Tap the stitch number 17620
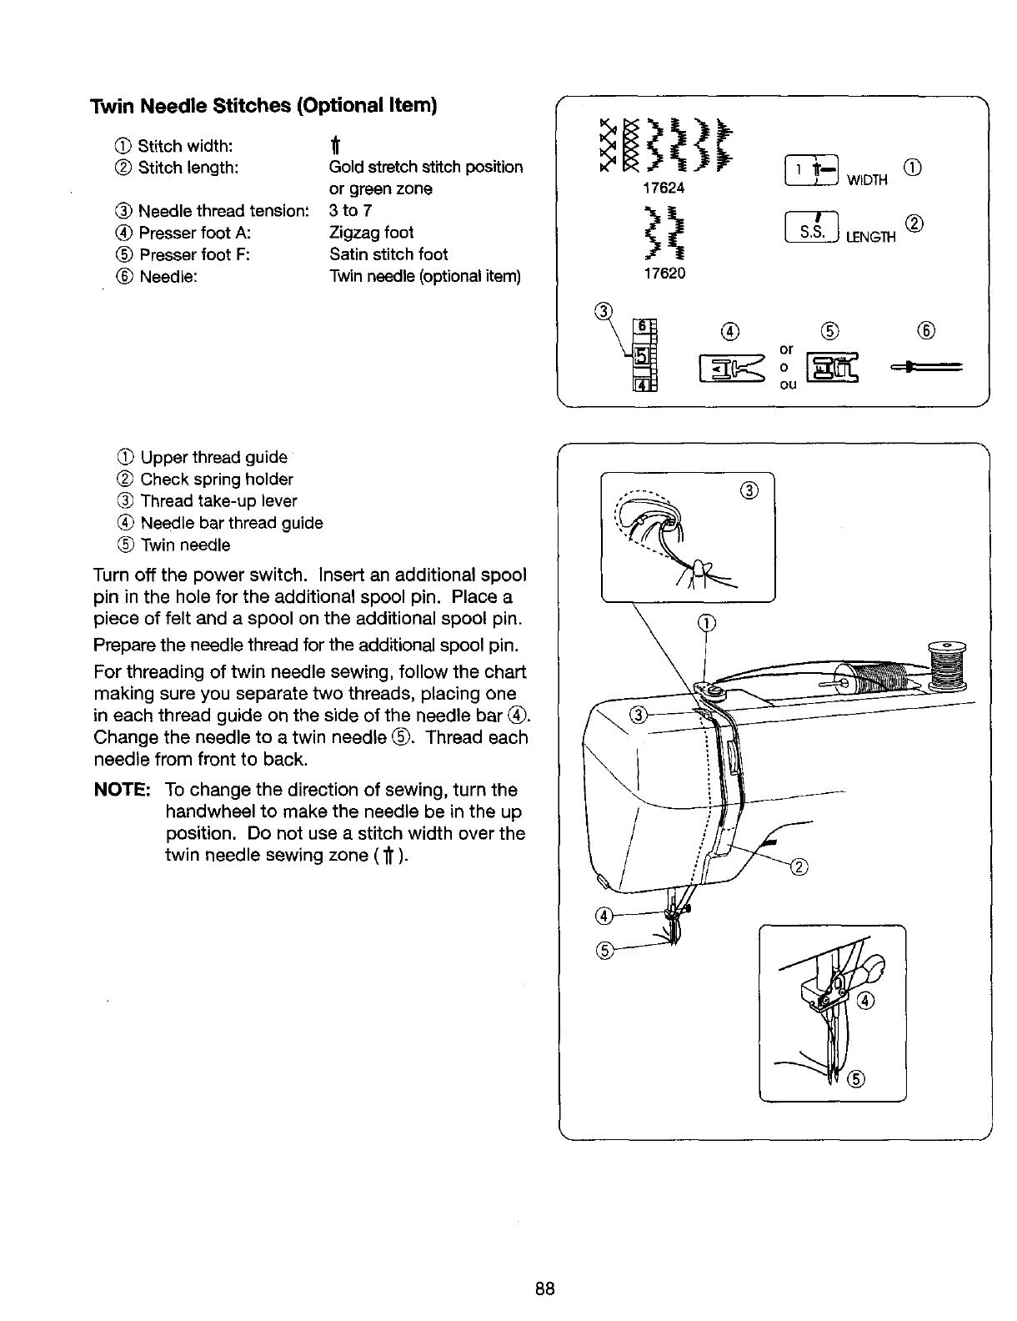click(x=664, y=273)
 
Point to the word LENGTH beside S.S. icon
click(x=871, y=237)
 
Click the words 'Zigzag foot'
click(x=371, y=233)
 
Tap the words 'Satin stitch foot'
click(x=388, y=254)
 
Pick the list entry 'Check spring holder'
click(x=217, y=480)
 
